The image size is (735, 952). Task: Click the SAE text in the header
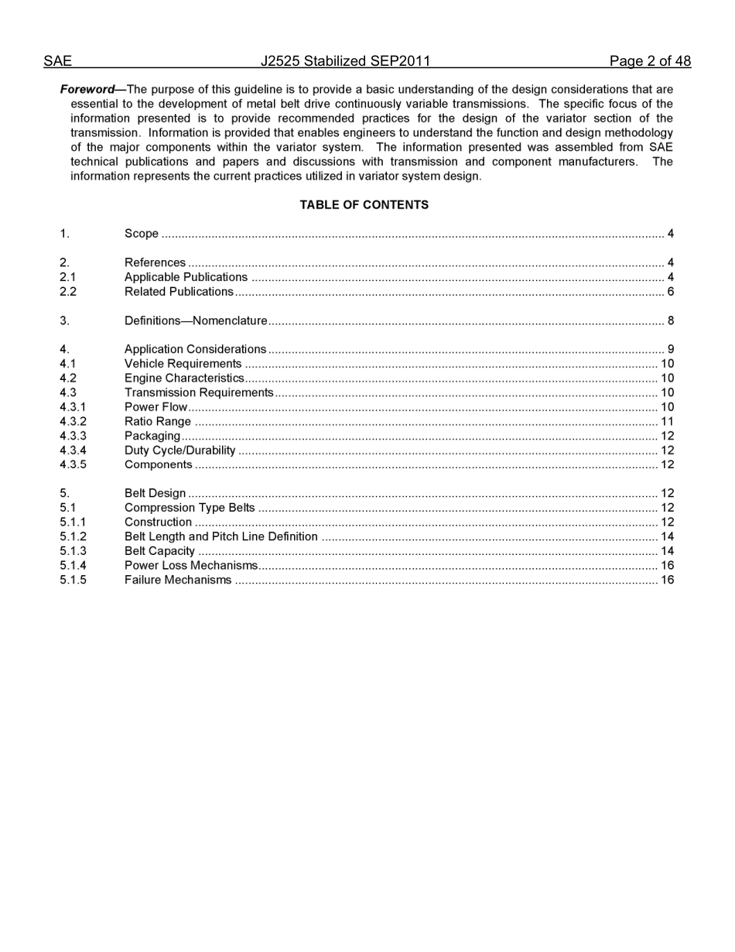(x=57, y=61)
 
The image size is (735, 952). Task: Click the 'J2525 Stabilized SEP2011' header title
(x=345, y=61)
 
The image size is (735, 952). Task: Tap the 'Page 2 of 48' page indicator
(x=650, y=61)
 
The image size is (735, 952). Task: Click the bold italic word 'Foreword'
(x=87, y=90)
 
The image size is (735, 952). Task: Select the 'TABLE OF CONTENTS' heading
(x=364, y=205)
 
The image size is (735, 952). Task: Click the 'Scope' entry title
(x=142, y=234)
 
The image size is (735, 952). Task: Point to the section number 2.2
(x=68, y=292)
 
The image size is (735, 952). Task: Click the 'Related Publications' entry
(x=179, y=292)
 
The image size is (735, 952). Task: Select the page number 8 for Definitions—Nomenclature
(x=670, y=320)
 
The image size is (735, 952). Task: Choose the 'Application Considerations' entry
(x=195, y=349)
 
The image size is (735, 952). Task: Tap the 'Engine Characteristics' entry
(x=184, y=378)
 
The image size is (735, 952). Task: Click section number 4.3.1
(x=73, y=407)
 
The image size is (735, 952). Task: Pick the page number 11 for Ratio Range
(x=667, y=422)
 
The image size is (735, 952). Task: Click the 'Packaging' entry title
(x=152, y=436)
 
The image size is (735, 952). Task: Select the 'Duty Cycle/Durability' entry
(x=179, y=450)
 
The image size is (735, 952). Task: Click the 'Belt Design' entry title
(x=155, y=493)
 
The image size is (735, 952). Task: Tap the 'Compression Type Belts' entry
(x=190, y=508)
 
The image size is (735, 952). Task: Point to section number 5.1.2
(x=73, y=536)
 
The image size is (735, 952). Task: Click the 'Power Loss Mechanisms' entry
(x=190, y=566)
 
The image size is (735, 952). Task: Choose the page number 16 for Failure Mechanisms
(x=667, y=580)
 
